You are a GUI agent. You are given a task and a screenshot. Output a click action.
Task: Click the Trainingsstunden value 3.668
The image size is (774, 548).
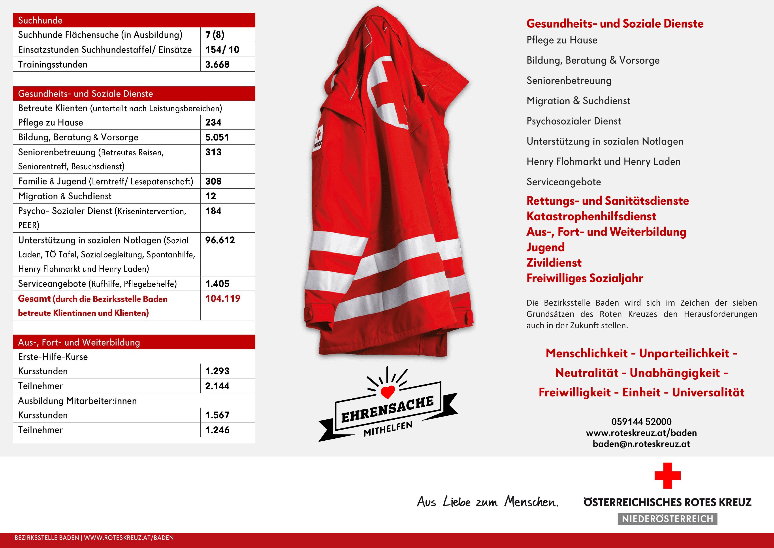click(217, 65)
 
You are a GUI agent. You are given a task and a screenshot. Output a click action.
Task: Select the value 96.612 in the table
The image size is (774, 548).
click(220, 240)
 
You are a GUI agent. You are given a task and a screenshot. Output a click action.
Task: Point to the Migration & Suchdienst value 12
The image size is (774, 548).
click(211, 196)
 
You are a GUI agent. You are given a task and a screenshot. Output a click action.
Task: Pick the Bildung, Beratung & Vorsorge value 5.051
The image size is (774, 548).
click(217, 137)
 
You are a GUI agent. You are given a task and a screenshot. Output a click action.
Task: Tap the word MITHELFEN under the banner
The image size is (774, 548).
click(388, 429)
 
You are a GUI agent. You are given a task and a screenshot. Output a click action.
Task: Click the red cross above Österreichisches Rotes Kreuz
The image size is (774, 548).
click(667, 476)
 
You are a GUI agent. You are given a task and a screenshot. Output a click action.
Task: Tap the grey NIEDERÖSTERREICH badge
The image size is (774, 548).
click(667, 519)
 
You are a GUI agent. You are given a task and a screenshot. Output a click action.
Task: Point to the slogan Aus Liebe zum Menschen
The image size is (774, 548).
click(488, 502)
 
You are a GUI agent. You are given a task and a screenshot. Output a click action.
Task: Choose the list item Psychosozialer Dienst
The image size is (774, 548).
click(573, 121)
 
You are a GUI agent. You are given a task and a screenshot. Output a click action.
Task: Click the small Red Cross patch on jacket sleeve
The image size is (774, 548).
click(318, 138)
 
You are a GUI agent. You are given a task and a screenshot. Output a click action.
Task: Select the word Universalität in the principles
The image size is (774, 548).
click(708, 392)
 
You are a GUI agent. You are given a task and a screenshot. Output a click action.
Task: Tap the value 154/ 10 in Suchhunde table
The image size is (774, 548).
click(222, 49)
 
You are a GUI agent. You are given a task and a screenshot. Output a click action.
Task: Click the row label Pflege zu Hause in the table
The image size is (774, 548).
click(51, 122)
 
